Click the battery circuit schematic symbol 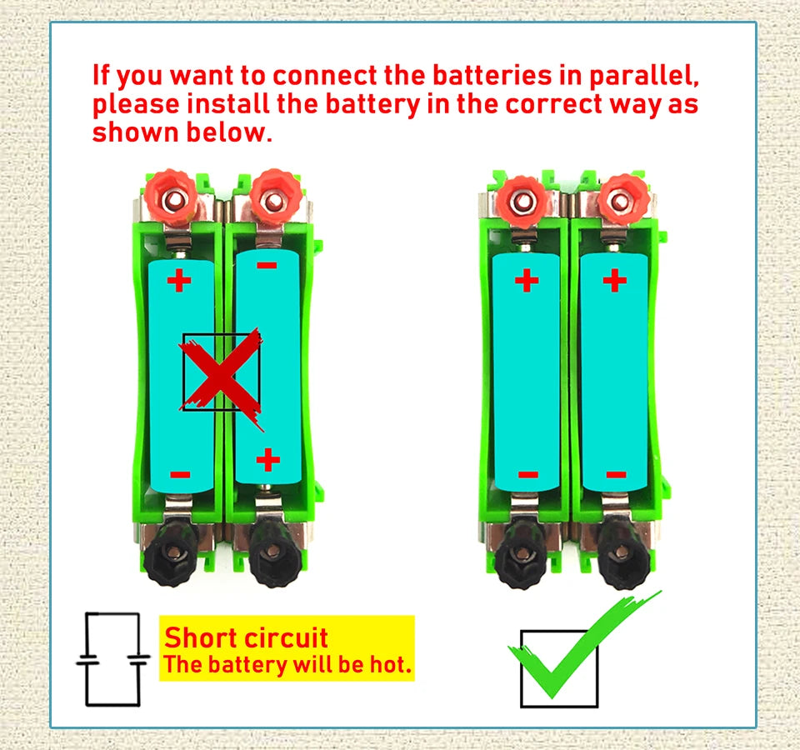coord(112,659)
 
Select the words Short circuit coord(246,638)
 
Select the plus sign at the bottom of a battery coord(267,459)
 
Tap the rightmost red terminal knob coord(622,197)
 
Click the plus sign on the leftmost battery coord(179,280)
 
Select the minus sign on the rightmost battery coord(616,475)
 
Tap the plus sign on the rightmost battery coord(614,280)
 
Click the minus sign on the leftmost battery coord(180,475)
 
